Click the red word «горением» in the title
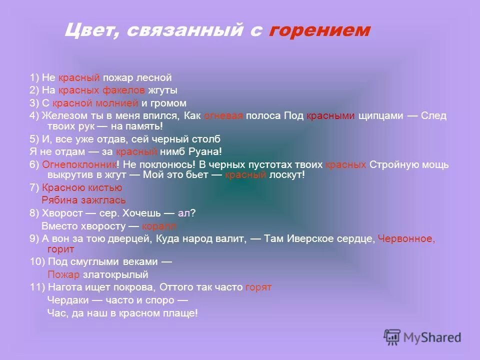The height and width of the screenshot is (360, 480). [319, 30]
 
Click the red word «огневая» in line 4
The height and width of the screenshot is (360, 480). [223, 116]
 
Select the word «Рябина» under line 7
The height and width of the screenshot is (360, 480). [64, 200]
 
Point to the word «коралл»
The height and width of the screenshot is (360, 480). [159, 226]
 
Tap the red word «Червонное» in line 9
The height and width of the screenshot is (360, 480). [405, 239]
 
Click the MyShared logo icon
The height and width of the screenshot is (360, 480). [392, 337]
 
